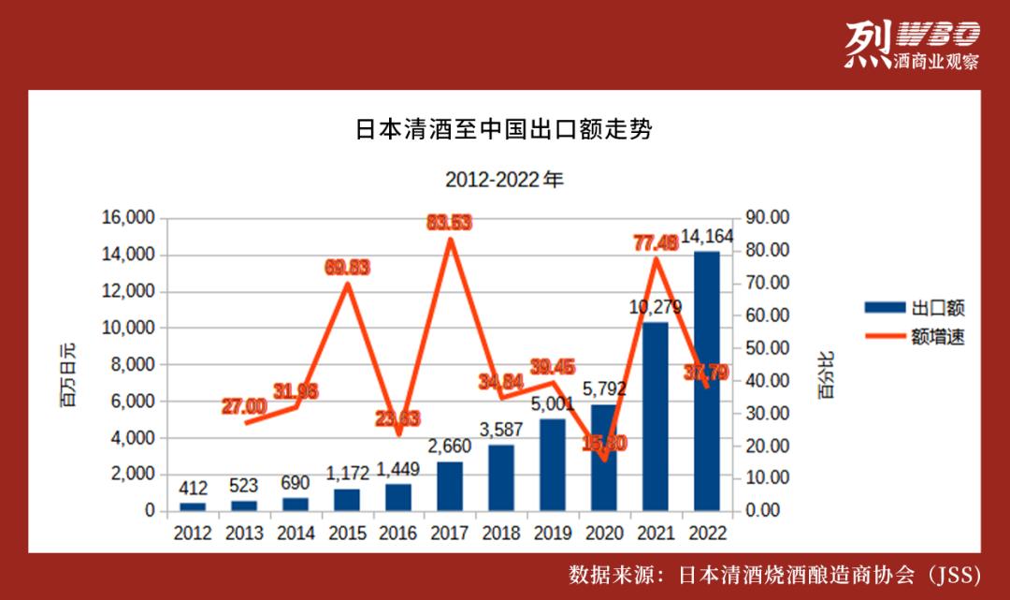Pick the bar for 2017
coord(450,486)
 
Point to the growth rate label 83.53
coord(450,222)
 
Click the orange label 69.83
coord(347,268)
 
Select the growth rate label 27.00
coord(244,406)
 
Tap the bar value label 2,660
coord(450,446)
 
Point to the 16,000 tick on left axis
coord(128,218)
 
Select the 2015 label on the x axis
coord(347,533)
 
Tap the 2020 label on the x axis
coord(604,533)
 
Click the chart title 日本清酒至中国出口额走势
coord(503,130)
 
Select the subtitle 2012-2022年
coord(504,179)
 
